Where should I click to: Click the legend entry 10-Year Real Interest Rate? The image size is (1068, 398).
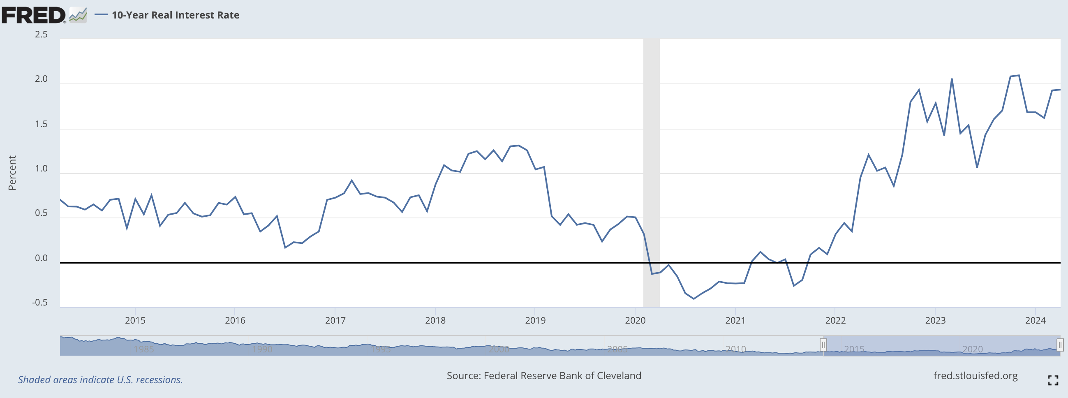coord(176,15)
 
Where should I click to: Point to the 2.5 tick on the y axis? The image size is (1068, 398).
coord(41,35)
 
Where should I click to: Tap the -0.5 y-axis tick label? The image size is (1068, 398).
coord(40,303)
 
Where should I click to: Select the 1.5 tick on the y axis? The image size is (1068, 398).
coord(41,124)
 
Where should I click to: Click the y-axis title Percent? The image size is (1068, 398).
coord(12,173)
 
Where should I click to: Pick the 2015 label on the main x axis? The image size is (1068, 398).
coord(135,320)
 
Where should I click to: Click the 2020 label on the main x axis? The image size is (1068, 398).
coord(635,320)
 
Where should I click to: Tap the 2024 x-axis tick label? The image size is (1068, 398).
coord(1035,320)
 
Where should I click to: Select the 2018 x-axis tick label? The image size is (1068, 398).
coord(435,320)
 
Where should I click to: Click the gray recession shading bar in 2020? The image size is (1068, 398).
coord(651,166)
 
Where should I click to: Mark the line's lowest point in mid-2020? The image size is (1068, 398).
coord(694,298)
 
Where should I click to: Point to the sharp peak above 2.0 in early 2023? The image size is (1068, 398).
coord(952,79)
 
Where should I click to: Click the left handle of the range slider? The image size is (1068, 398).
coord(823,345)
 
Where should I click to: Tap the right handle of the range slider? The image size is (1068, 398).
coord(1060,345)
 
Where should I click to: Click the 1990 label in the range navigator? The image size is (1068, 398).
coord(262,349)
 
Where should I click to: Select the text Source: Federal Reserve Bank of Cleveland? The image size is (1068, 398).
coord(543,376)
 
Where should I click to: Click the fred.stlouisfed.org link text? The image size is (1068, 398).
coord(975,376)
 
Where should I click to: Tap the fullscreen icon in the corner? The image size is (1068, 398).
coord(1053,380)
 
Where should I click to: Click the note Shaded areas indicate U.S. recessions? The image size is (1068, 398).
coord(100,380)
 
